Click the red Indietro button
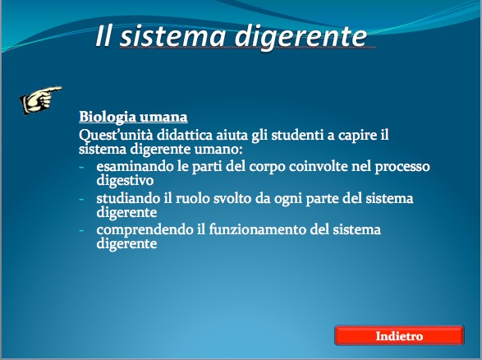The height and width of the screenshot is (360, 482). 399,335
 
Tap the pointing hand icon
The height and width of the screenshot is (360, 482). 40,100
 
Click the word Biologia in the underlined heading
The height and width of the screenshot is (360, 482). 108,118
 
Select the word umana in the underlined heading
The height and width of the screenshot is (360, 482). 163,118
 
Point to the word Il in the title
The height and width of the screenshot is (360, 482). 103,37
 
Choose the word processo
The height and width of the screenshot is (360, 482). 402,168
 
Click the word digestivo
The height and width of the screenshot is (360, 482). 125,181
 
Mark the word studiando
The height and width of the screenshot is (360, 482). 128,198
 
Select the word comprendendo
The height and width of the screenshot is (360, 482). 145,230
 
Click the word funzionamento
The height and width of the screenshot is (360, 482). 257,229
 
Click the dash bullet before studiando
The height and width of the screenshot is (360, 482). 81,200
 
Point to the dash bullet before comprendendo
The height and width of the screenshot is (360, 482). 81,231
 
